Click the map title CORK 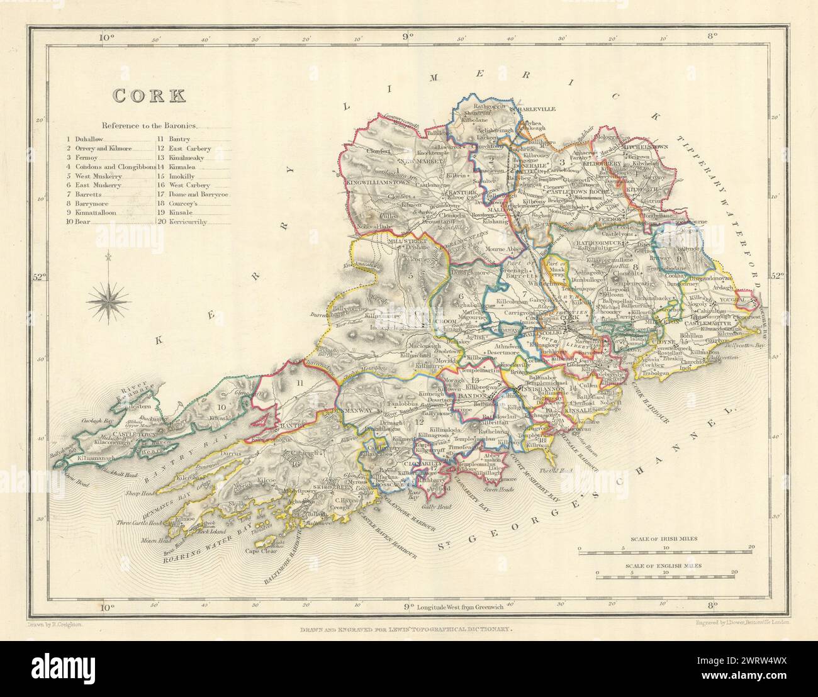point(148,96)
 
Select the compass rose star point(108,302)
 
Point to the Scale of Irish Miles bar point(665,552)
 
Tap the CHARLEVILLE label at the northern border point(535,109)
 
